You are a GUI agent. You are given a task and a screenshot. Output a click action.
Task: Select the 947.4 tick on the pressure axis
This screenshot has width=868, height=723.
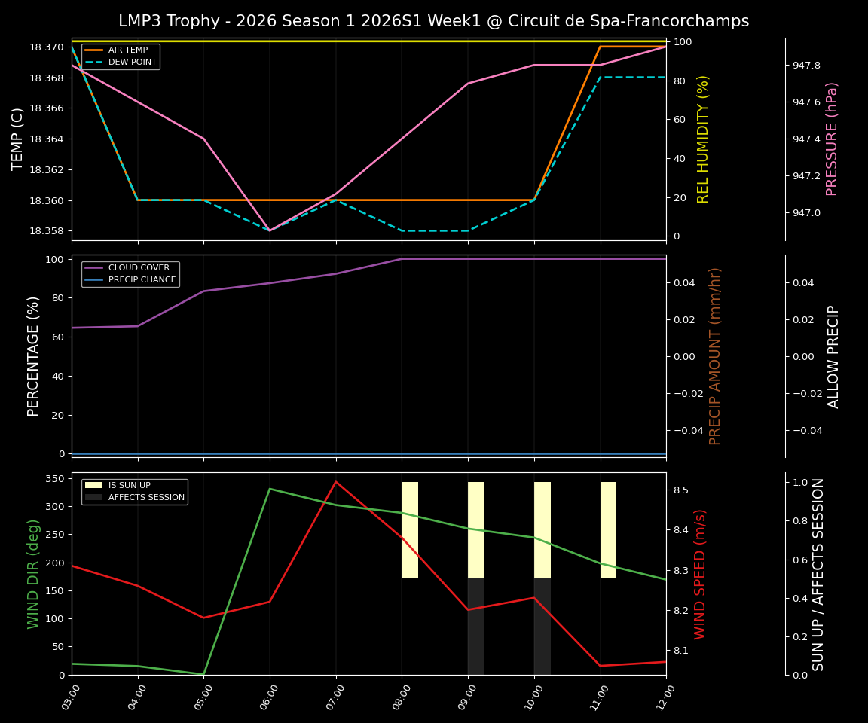tap(806, 139)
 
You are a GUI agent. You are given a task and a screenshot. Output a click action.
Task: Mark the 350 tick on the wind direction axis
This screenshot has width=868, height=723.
tap(53, 478)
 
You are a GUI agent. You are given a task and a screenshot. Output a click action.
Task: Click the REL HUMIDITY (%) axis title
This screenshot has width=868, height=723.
tap(704, 139)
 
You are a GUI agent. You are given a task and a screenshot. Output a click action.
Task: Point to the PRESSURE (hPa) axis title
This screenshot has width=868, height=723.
tap(832, 139)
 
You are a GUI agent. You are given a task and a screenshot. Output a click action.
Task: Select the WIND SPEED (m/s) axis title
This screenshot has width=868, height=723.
tap(701, 574)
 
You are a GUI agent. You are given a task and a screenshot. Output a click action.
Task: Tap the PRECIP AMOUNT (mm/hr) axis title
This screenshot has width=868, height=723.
tap(716, 356)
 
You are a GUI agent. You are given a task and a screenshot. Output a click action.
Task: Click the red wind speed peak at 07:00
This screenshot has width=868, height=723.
tap(336, 482)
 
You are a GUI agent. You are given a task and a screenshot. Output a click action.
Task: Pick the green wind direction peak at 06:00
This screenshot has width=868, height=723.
tap(270, 489)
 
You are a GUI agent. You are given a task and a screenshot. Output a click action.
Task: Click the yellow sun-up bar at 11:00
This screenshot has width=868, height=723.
tap(608, 530)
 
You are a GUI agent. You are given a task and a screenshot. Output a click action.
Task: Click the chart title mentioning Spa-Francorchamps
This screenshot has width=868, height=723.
tap(433, 21)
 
